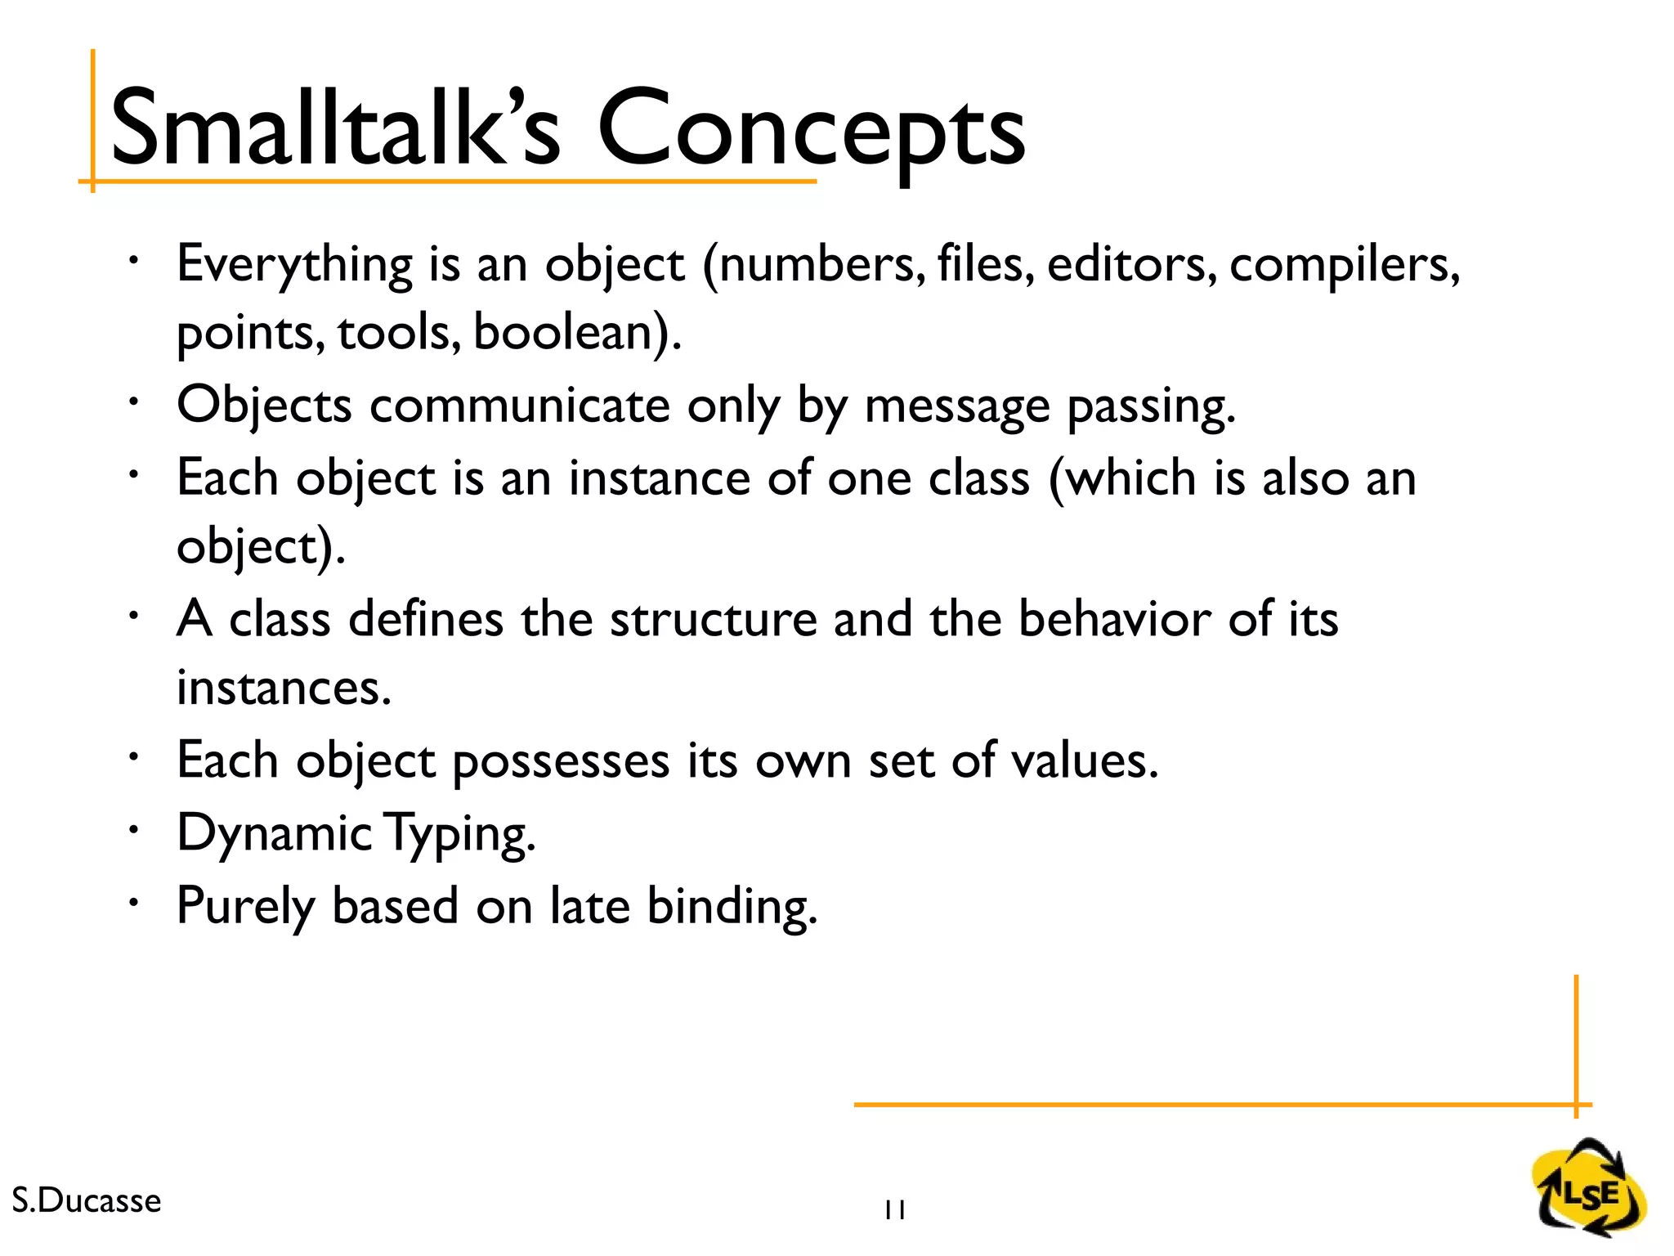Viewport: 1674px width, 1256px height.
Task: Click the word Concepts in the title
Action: (x=811, y=131)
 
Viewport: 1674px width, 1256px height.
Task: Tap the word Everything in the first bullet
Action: (x=294, y=266)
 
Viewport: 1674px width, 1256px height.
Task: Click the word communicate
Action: (x=520, y=406)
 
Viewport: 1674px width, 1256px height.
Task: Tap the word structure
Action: (x=713, y=619)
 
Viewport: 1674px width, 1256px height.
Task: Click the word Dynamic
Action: (x=274, y=834)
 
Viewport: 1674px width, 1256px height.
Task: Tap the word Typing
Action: (x=459, y=834)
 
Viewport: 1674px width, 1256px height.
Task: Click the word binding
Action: (x=732, y=908)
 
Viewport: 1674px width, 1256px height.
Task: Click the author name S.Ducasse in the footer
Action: (x=87, y=1200)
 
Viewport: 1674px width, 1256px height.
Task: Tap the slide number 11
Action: (x=894, y=1210)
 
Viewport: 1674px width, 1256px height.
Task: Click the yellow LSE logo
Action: (x=1589, y=1189)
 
